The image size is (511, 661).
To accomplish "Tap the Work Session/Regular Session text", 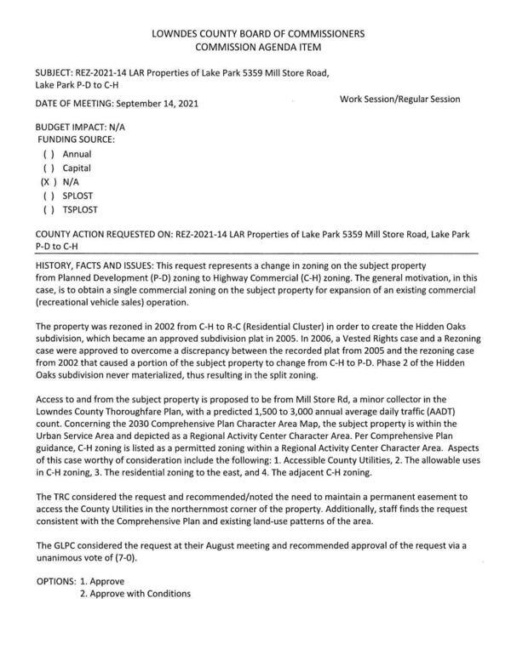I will coord(399,100).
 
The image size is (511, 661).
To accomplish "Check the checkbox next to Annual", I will coord(49,154).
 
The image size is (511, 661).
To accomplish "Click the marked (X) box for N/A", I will coord(49,182).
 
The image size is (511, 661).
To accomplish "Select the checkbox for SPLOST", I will coord(49,196).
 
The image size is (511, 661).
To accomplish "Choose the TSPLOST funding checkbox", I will coord(49,209).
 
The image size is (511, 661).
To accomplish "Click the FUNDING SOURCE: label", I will coord(75,138).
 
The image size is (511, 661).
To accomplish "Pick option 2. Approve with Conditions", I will coord(135,594).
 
